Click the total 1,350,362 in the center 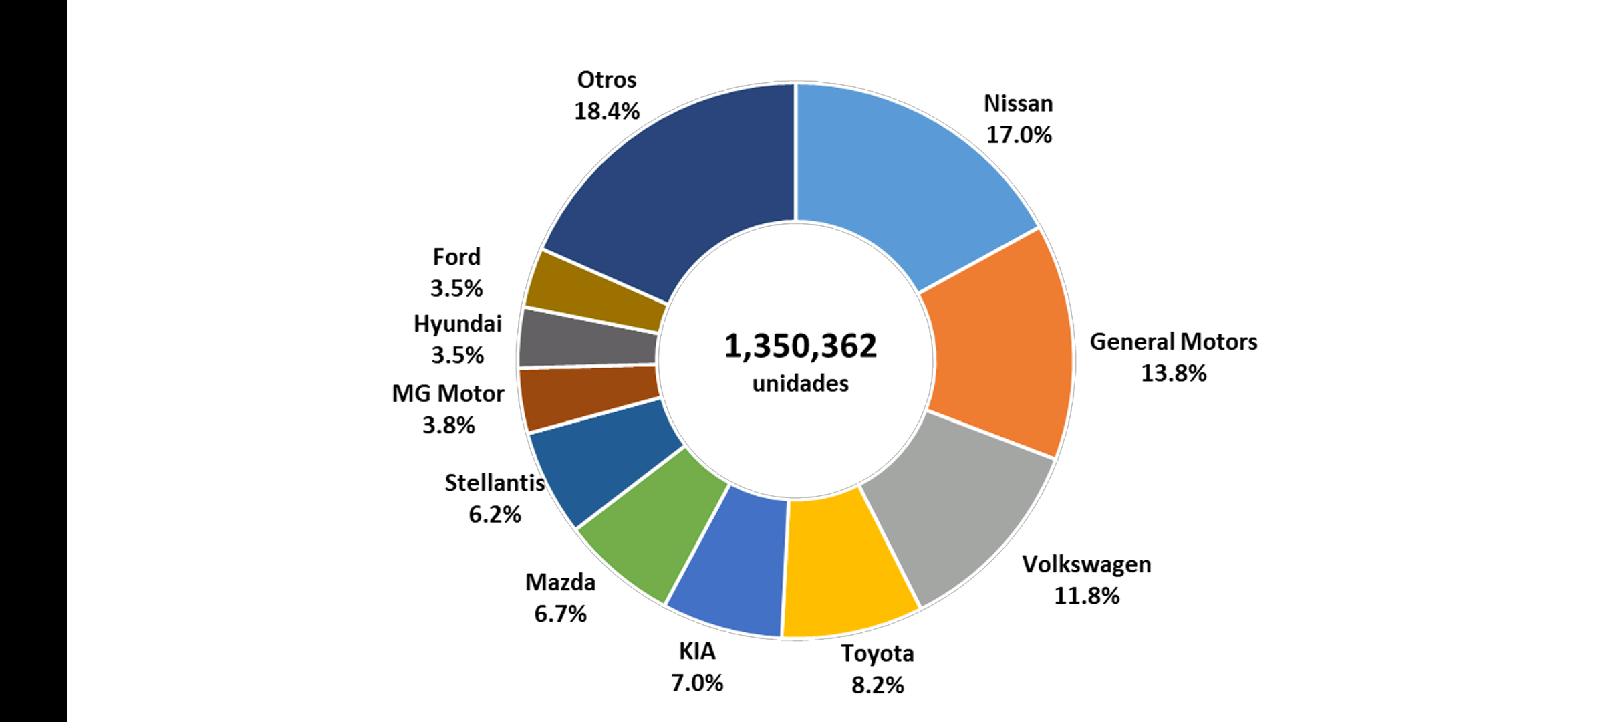pos(800,346)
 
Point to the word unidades pos(800,384)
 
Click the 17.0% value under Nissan pos(1019,135)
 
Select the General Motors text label pos(1173,342)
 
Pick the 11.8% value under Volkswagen pos(1086,596)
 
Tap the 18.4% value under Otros pos(606,111)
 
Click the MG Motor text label pos(448,394)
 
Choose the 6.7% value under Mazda pos(560,614)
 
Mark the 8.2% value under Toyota pos(877,685)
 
